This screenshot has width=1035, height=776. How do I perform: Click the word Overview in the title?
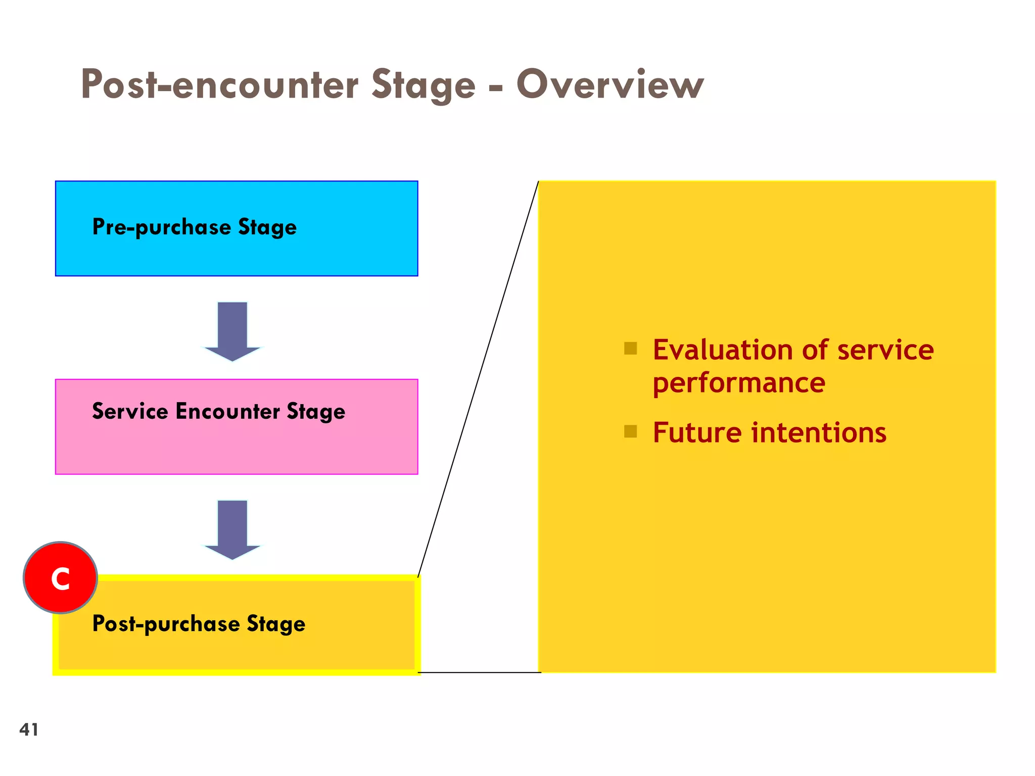point(609,84)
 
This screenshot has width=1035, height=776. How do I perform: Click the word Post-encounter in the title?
point(219,84)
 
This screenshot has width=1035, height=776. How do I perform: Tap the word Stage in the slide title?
point(424,84)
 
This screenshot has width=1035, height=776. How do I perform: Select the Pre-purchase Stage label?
point(194,227)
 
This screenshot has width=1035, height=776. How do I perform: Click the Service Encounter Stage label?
point(218,411)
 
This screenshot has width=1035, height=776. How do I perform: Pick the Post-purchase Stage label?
point(199,623)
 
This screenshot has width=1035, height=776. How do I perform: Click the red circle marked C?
point(60,577)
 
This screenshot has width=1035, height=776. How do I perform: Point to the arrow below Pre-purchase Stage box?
point(232,331)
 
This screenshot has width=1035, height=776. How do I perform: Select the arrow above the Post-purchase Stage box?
point(232,529)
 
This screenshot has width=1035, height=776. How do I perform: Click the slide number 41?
point(29,730)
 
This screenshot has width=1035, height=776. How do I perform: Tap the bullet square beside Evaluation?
point(630,348)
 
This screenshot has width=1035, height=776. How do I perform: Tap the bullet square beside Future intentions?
point(630,431)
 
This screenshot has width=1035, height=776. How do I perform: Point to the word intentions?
point(818,433)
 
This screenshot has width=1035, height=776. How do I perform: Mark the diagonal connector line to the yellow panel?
point(478,379)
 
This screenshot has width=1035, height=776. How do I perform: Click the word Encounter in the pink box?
point(227,411)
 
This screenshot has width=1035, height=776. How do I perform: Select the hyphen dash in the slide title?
point(496,87)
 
